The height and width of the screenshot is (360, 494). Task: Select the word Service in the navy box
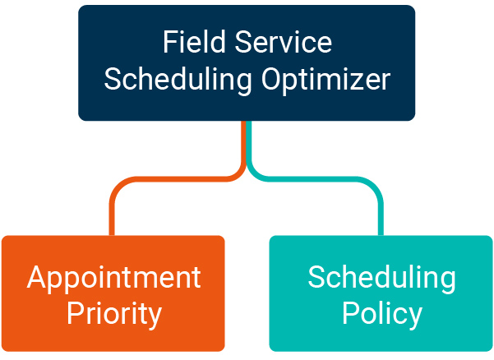pyautogui.click(x=284, y=42)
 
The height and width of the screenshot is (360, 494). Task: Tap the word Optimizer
pyautogui.click(x=325, y=81)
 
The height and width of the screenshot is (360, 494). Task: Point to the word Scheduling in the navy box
pyautogui.click(x=178, y=81)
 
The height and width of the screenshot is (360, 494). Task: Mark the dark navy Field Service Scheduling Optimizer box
pyautogui.click(x=247, y=62)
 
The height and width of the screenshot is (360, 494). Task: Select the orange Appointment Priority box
pyautogui.click(x=113, y=293)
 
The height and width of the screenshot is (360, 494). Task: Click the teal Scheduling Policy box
pyautogui.click(x=381, y=293)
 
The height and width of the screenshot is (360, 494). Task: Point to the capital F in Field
pyautogui.click(x=170, y=42)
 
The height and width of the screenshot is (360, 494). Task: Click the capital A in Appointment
pyautogui.click(x=38, y=277)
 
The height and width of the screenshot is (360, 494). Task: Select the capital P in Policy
pyautogui.click(x=350, y=313)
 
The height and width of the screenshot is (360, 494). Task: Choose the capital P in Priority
pyautogui.click(x=75, y=313)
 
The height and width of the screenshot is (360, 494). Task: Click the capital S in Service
pyautogui.click(x=243, y=42)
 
